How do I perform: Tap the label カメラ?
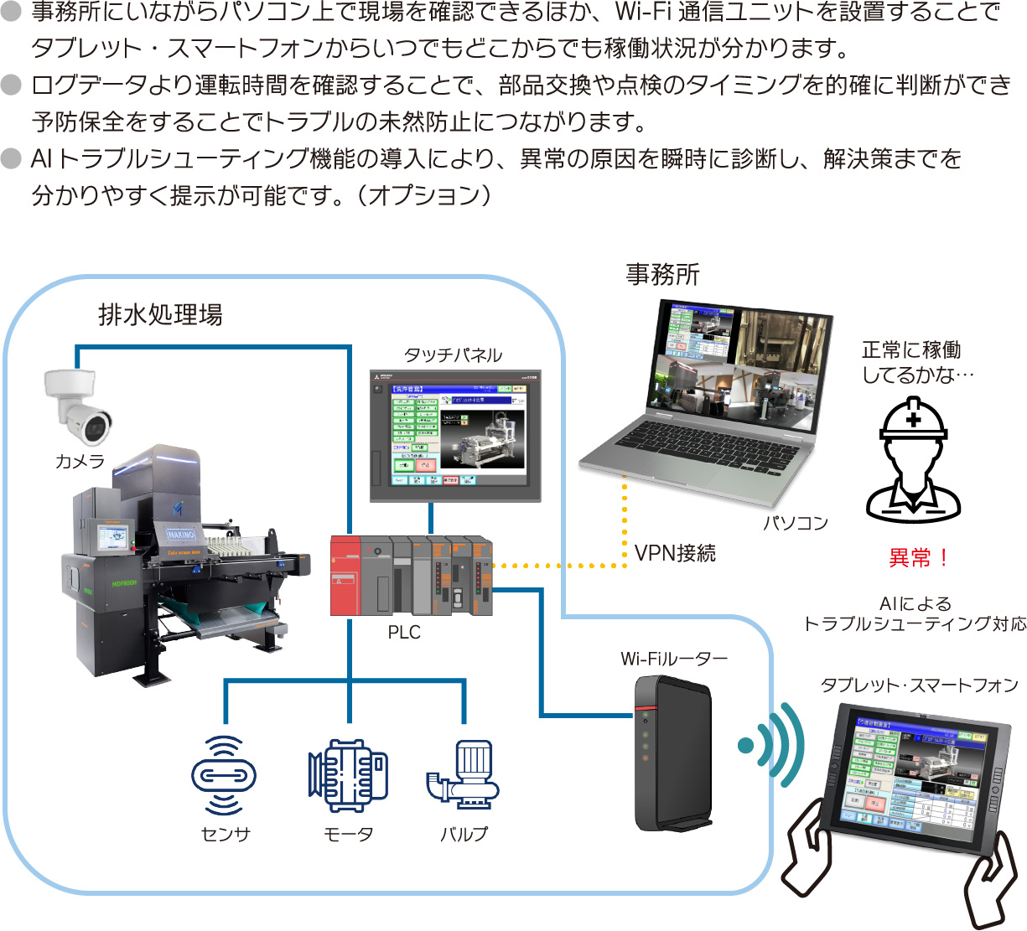80,461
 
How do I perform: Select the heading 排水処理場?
160,315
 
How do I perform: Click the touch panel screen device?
455,436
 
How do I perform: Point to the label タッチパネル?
453,355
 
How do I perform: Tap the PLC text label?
404,633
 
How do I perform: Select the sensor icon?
224,775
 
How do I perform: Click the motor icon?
348,775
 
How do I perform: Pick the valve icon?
463,775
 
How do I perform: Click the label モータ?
348,835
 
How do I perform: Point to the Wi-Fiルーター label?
674,659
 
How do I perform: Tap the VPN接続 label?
675,553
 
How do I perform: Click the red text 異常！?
919,557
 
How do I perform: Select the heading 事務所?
662,274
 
